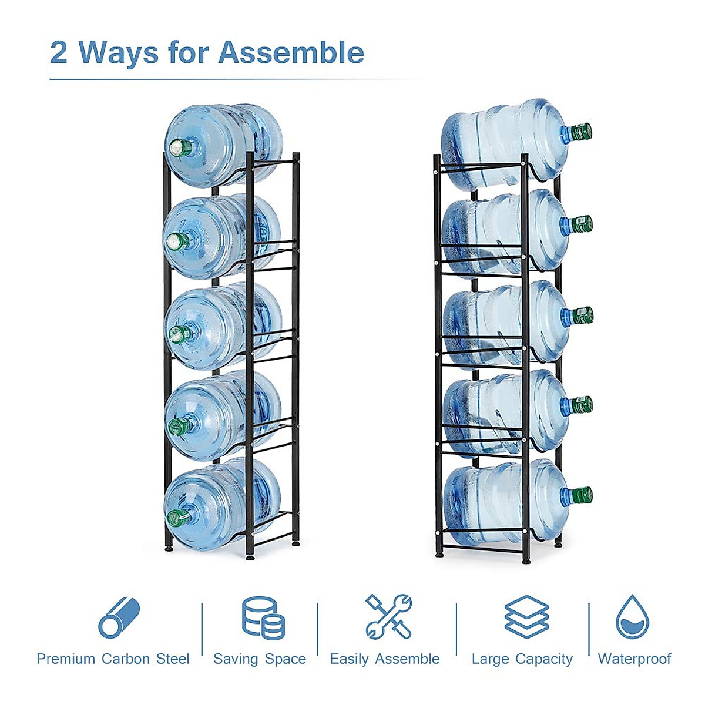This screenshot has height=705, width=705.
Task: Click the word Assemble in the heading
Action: (291, 53)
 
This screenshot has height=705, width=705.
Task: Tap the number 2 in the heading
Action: (59, 53)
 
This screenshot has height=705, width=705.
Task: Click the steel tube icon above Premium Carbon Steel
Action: (119, 618)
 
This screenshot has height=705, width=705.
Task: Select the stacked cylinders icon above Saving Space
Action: (263, 618)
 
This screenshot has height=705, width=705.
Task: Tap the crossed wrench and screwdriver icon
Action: (388, 617)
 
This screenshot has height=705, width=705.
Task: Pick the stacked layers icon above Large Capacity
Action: (526, 617)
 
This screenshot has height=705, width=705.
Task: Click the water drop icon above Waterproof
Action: (632, 617)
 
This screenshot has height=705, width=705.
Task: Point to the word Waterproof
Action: (634, 659)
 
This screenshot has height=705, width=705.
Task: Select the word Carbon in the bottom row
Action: (126, 659)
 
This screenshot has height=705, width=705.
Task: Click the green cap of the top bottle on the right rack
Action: (581, 132)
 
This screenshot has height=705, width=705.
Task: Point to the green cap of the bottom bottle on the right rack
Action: (582, 495)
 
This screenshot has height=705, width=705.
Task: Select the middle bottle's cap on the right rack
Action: (582, 315)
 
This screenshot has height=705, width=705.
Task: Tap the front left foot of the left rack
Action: (169, 548)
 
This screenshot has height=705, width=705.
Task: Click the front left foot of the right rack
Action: (439, 553)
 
